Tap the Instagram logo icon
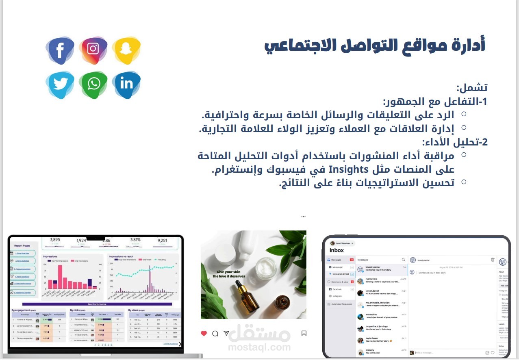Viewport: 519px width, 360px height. (93, 49)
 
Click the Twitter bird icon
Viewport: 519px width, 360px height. (60, 84)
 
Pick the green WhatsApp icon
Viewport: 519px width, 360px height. (93, 84)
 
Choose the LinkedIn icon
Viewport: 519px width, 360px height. (126, 84)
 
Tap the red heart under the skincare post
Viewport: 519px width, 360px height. (204, 333)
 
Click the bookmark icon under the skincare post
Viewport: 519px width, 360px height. (304, 333)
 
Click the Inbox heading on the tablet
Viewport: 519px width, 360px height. (337, 250)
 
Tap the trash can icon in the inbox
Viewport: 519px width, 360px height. (493, 260)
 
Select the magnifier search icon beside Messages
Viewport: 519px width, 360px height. (403, 260)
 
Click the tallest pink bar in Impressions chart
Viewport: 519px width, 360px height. (60, 277)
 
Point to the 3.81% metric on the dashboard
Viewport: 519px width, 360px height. (135, 240)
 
